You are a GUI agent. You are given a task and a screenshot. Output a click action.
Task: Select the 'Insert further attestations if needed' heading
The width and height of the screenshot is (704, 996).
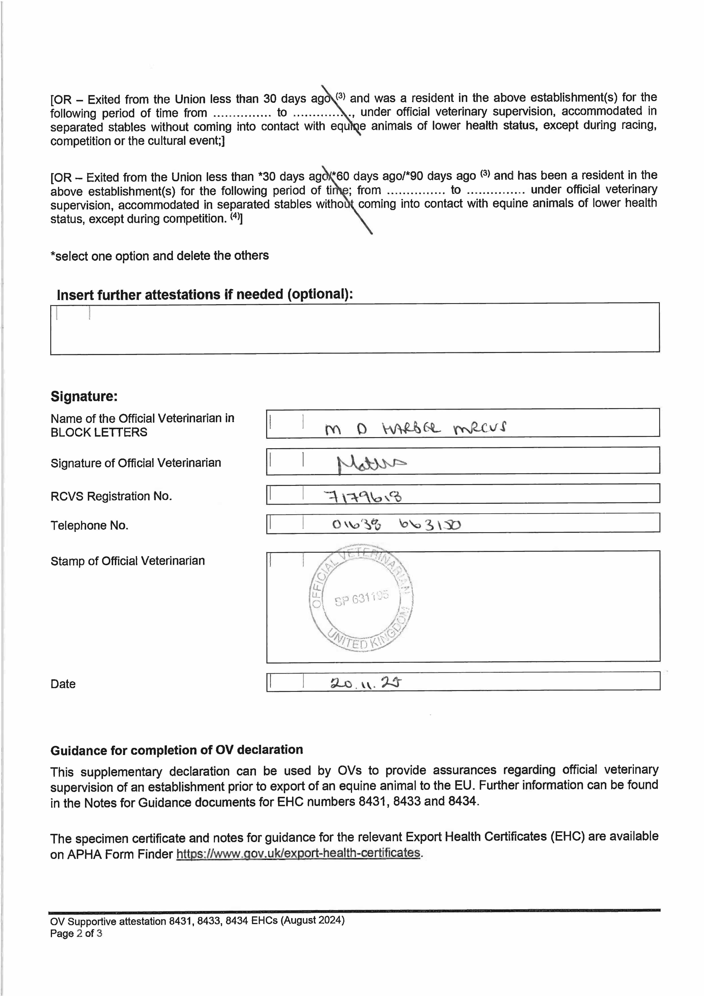[x=205, y=295]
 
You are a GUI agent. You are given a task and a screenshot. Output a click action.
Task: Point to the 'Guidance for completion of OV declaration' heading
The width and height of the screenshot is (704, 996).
[x=176, y=750]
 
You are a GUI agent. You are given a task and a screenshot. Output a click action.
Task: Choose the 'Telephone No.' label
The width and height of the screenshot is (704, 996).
[x=89, y=525]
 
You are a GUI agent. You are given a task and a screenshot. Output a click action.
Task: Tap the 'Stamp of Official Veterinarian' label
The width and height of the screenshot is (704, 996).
[x=127, y=561]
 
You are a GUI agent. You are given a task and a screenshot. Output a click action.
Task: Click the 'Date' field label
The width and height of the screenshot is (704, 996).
[x=63, y=684]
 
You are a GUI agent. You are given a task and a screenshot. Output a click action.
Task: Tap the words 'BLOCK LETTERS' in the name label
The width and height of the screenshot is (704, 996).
[x=99, y=432]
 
